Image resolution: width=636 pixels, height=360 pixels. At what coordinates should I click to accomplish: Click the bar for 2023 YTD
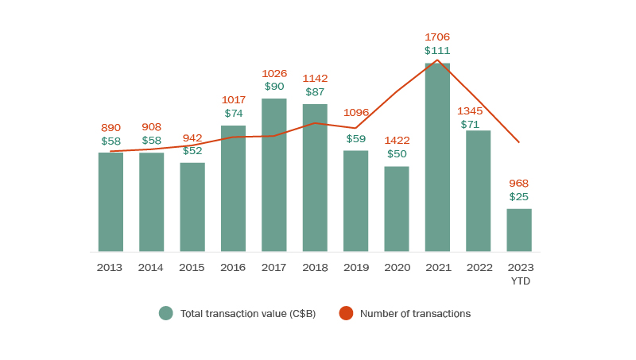coord(519,230)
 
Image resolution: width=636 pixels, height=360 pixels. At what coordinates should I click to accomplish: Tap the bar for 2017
coord(274,175)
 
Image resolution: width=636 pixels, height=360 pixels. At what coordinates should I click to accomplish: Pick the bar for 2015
coord(192,207)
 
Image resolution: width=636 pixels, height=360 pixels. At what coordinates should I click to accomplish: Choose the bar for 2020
coord(397,209)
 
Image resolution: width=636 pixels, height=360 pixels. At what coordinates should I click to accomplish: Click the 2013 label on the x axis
coord(110,267)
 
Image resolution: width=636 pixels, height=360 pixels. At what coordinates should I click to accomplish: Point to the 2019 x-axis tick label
coord(355,267)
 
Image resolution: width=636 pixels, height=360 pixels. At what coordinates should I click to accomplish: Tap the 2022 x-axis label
coord(478,267)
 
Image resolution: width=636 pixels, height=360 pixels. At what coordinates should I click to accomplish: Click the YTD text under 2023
coord(521,281)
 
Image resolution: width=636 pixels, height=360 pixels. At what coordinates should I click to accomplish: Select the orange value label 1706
coord(437,37)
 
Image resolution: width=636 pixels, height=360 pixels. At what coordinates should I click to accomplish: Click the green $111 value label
coord(437,50)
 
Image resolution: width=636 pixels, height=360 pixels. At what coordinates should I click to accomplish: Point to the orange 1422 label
coord(397,141)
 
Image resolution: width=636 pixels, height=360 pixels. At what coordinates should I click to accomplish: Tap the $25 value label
coord(519,196)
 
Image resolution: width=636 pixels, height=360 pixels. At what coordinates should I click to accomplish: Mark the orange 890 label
coord(111,127)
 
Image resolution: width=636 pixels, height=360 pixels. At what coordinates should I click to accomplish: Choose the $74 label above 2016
coord(234,113)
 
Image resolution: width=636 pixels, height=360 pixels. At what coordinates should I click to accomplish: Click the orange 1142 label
coord(315,78)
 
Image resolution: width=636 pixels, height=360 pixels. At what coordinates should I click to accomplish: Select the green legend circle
coord(165,313)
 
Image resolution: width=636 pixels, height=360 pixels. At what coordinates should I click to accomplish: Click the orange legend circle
coord(346,313)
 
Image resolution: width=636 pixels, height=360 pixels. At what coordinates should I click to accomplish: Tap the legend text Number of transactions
coord(415,313)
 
